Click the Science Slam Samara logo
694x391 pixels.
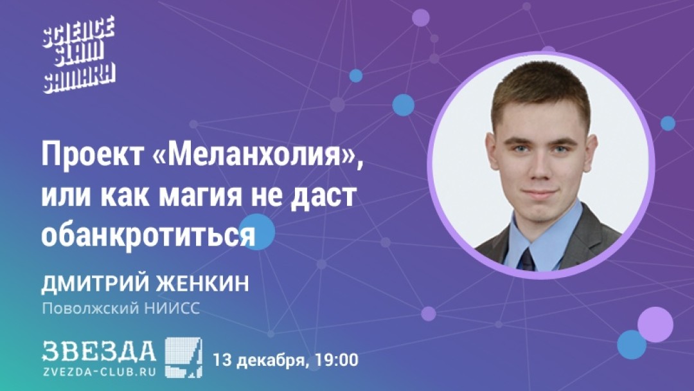coord(79,55)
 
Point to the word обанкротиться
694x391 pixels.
coord(148,235)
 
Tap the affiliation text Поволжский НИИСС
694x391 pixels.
coord(121,308)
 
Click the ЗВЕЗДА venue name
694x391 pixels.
coord(99,351)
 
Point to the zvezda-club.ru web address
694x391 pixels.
coord(99,372)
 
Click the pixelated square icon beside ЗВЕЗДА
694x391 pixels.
coord(183,358)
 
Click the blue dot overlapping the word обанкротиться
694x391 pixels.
coord(256,232)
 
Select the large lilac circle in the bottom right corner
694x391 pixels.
coord(655,324)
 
